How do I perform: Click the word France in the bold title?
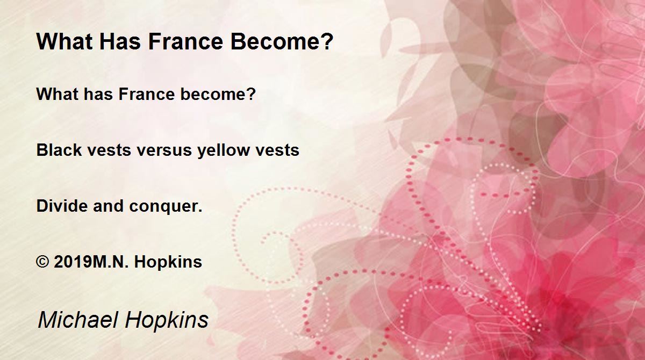tap(186, 41)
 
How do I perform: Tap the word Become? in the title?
tap(282, 41)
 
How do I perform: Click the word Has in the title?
tap(120, 41)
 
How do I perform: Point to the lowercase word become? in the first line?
tap(218, 94)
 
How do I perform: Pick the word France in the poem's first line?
tap(147, 94)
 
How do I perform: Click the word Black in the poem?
tap(59, 150)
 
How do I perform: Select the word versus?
tap(164, 150)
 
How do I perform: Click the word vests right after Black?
tap(109, 150)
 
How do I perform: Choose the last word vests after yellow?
tap(277, 150)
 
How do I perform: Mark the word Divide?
tap(62, 206)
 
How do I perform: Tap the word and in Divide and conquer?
tap(108, 206)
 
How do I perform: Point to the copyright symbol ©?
tap(42, 262)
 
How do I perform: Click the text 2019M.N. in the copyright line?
tap(91, 262)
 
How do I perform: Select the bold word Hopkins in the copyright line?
tap(168, 262)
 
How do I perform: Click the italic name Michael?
tap(78, 319)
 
